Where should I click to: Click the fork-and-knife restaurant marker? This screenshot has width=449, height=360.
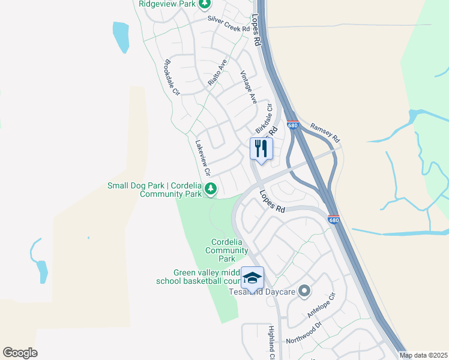(261, 148)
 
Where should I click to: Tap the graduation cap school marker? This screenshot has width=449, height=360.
(252, 277)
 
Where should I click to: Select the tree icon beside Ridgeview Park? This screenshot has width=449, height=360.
(205, 4)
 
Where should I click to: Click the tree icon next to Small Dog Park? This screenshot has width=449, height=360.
(210, 190)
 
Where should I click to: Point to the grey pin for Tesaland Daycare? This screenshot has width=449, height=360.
(304, 292)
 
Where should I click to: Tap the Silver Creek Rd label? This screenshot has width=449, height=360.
(228, 24)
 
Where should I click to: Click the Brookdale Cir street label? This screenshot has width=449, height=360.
(172, 77)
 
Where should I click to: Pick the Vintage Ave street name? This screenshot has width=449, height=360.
(249, 88)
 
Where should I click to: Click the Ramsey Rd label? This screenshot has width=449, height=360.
(325, 132)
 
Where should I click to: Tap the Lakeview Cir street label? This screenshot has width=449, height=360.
(203, 157)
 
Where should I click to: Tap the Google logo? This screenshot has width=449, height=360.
(20, 353)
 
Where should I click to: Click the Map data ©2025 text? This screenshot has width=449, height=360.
(423, 356)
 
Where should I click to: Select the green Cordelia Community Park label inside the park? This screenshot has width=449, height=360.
(226, 251)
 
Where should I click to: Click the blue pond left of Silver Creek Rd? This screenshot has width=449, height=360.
(121, 37)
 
